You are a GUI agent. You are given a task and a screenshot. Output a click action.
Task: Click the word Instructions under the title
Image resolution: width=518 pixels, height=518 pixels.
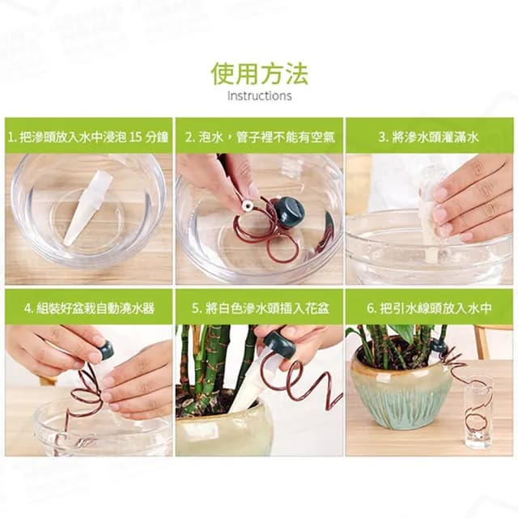(259, 96)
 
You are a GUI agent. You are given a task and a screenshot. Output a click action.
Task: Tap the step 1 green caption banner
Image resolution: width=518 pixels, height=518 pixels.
(88, 137)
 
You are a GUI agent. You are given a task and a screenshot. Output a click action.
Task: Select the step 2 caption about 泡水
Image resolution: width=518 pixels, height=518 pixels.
(259, 137)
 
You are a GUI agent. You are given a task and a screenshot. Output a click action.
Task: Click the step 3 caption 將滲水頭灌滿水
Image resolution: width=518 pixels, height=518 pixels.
(429, 137)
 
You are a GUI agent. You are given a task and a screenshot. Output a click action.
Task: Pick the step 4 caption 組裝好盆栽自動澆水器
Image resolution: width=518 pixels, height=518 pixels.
(88, 308)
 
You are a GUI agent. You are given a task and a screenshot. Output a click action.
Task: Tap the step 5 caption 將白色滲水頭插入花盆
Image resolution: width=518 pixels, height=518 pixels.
(259, 308)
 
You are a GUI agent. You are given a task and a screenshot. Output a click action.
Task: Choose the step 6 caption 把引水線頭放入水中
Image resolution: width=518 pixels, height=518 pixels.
(429, 308)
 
